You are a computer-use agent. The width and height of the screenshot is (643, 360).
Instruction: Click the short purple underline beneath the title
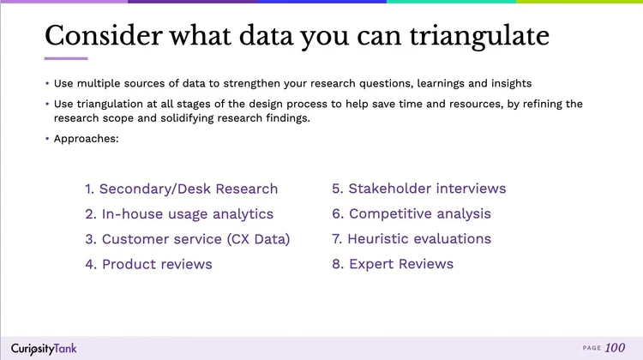pos(66,58)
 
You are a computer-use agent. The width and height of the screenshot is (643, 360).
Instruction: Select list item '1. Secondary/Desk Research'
pos(181,189)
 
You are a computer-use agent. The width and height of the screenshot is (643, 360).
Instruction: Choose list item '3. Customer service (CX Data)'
pos(187,239)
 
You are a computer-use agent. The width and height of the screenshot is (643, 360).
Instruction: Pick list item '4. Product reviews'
pos(148,264)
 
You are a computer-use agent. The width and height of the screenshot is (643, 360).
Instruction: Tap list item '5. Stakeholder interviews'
pos(418,189)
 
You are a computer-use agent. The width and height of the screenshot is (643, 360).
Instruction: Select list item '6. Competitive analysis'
pos(412,214)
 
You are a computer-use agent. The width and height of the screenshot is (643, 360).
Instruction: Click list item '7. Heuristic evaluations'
pos(412,239)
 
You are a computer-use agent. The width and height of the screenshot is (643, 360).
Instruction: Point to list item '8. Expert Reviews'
pos(393,264)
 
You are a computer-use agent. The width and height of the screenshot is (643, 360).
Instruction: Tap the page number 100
pos(615,348)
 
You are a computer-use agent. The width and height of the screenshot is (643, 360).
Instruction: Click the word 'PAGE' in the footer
pos(592,348)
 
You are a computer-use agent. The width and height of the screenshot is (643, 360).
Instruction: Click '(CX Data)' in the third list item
pos(258,239)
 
